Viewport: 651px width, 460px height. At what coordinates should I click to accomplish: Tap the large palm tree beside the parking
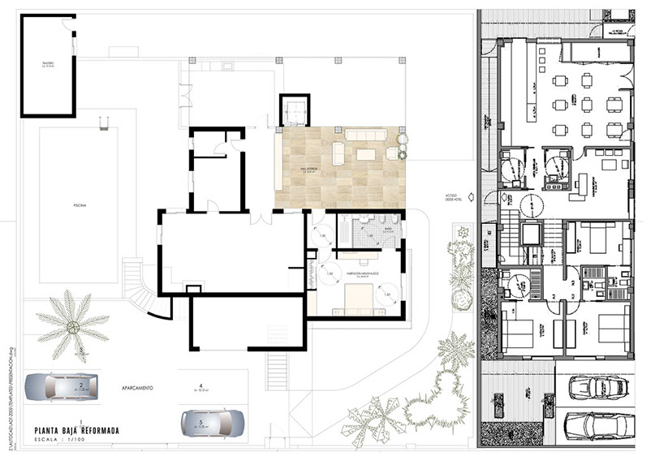pos(71,325)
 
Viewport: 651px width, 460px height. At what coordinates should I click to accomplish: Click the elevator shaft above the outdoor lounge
pos(294,110)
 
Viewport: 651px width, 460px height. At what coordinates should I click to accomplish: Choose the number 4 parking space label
pos(199,386)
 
